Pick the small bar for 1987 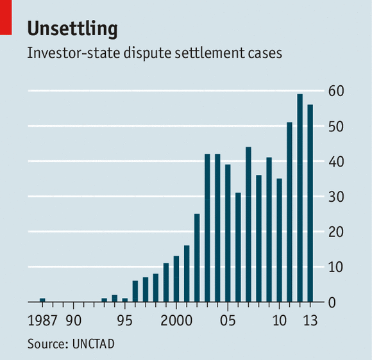[x=42, y=300]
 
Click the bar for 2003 [x=207, y=227]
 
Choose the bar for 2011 [x=289, y=212]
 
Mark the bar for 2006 [x=238, y=247]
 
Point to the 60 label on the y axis [x=337, y=92]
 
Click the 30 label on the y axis [x=337, y=197]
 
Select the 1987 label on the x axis [x=42, y=320]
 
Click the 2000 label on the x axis [x=176, y=320]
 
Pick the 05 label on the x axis [x=228, y=320]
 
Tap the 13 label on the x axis [x=310, y=320]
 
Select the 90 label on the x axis [x=73, y=320]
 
